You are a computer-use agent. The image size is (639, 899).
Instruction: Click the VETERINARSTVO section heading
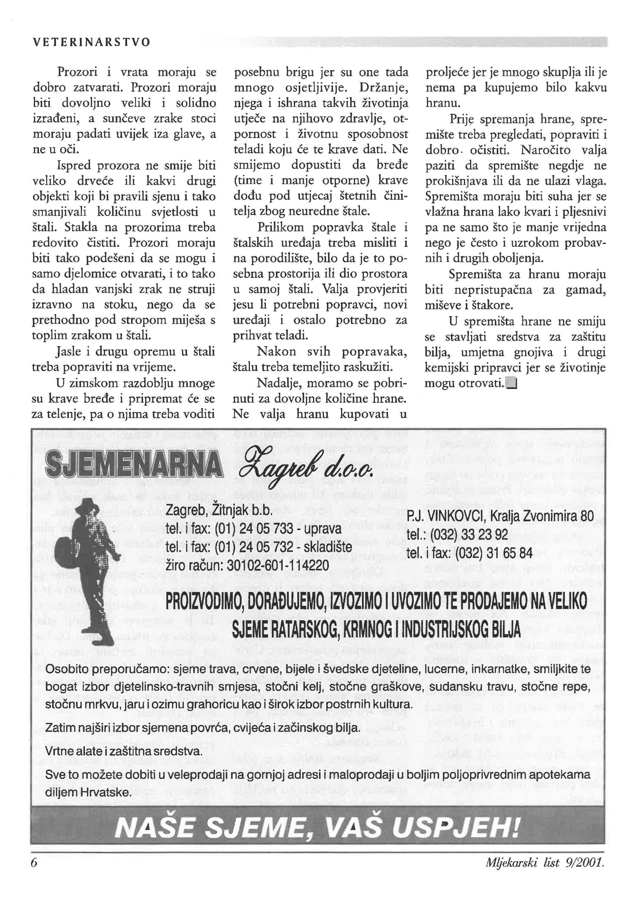[91, 42]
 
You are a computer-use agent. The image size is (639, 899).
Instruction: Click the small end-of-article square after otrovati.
[511, 383]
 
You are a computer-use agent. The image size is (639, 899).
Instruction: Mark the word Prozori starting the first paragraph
[75, 72]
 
